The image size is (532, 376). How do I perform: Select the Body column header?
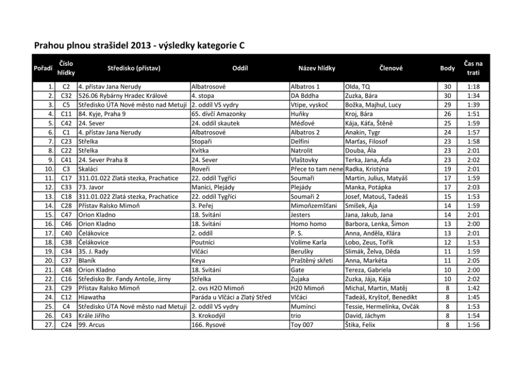click(x=447, y=68)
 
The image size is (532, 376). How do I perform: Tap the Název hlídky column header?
click(x=316, y=68)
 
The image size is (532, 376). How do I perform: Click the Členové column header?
click(x=390, y=68)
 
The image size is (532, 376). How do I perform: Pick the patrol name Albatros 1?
click(x=305, y=86)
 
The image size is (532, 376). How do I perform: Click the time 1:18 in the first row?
click(x=473, y=86)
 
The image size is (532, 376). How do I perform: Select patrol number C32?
click(x=66, y=95)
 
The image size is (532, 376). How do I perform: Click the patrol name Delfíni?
click(x=301, y=141)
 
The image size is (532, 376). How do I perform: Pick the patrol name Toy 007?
click(x=301, y=325)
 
